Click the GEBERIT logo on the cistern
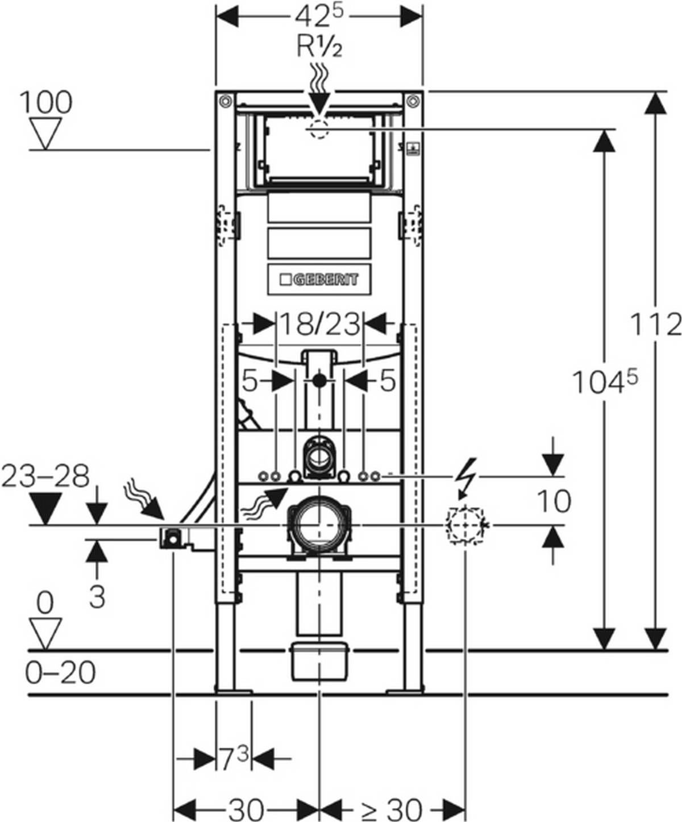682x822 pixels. pyautogui.click(x=319, y=279)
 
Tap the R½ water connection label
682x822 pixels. pyautogui.click(x=319, y=47)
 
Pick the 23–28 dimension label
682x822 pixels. pyautogui.click(x=45, y=476)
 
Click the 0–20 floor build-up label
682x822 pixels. pyautogui.click(x=60, y=673)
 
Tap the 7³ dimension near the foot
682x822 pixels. pyautogui.click(x=234, y=758)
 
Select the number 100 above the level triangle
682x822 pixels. pyautogui.click(x=46, y=102)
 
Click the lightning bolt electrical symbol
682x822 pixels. pyautogui.click(x=469, y=478)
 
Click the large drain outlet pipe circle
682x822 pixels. pyautogui.click(x=320, y=525)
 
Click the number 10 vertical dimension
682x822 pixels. pyautogui.click(x=554, y=501)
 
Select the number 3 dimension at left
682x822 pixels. pyautogui.click(x=97, y=597)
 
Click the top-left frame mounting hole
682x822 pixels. pyautogui.click(x=225, y=102)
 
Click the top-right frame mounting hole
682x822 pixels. pyautogui.click(x=413, y=102)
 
